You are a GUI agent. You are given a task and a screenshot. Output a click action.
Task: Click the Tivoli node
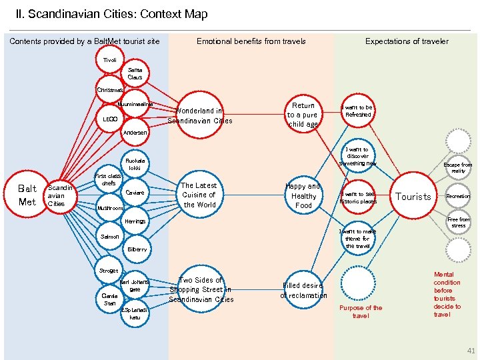coord(109,61)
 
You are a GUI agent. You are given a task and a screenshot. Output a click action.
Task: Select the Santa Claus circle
coord(135,73)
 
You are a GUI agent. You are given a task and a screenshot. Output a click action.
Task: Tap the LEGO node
coord(110,119)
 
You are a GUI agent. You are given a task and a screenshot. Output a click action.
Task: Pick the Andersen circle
coord(135,132)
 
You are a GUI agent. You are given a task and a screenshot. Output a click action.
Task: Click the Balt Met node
coord(27,195)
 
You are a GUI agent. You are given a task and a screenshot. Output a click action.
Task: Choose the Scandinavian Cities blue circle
coord(57,195)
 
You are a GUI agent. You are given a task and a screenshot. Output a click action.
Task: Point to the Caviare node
coord(135,193)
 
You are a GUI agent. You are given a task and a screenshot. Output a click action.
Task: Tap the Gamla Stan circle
coord(109,299)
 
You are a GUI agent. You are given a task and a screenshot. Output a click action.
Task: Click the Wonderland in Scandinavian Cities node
coord(199,115)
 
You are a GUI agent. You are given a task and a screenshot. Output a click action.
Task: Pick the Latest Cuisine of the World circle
coord(199,195)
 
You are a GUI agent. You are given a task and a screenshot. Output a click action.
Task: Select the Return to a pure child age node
coord(303,115)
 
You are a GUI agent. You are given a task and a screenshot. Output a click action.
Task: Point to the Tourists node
coord(413,196)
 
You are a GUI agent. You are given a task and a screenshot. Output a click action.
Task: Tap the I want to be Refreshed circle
coord(357,111)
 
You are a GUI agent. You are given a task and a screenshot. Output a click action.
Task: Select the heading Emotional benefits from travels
coord(251,41)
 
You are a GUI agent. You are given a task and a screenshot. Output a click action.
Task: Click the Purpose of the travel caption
coord(361,311)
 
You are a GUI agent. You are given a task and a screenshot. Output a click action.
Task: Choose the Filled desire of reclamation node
coord(303,290)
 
